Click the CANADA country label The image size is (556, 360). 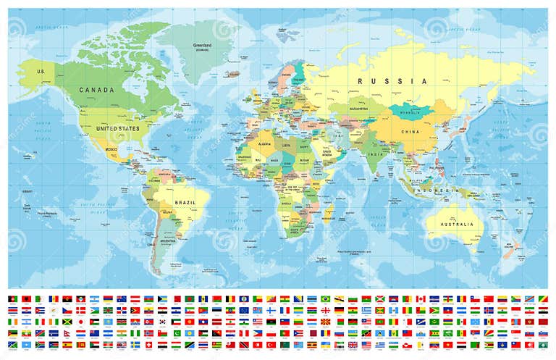coord(101,91)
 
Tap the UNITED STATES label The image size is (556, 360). coord(118,128)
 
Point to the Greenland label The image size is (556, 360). coord(202,46)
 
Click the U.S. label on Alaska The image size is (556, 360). coord(41,71)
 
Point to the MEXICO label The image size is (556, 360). coord(111,149)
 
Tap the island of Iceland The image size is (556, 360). coord(232,74)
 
